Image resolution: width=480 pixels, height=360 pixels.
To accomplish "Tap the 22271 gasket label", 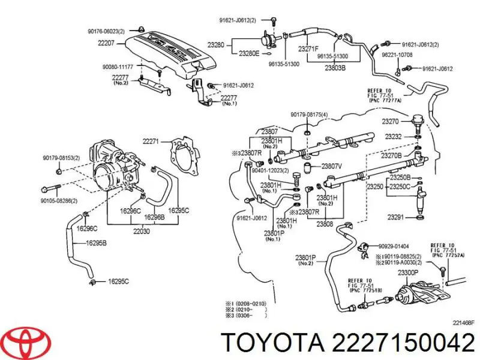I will click(151, 142).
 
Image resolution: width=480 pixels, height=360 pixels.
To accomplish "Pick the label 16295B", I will click(97, 243).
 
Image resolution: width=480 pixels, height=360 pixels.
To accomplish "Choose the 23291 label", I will click(394, 217).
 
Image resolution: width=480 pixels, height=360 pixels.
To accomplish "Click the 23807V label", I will click(332, 166).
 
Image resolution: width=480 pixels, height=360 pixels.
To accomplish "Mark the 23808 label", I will click(323, 225).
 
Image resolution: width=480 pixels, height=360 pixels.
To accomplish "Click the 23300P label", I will click(409, 272).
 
